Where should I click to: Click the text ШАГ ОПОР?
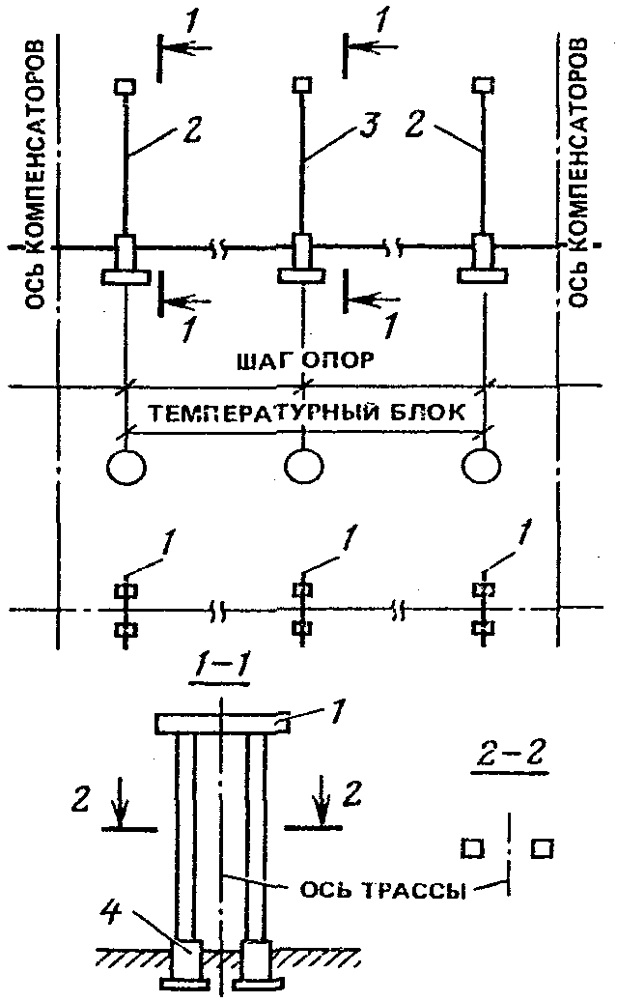pyautogui.click(x=305, y=360)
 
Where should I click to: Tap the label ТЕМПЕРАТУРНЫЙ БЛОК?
pyautogui.click(x=307, y=413)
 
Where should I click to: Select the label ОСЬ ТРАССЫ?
pyautogui.click(x=381, y=890)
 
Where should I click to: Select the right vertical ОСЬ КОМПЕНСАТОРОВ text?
pyautogui.click(x=578, y=173)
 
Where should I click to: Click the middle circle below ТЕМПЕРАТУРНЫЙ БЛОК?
pyautogui.click(x=303, y=467)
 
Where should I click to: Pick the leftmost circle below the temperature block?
pyautogui.click(x=126, y=467)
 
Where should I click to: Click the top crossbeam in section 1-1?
pyautogui.click(x=222, y=724)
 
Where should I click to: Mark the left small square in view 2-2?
pyautogui.click(x=472, y=848)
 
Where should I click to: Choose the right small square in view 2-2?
pyautogui.click(x=543, y=848)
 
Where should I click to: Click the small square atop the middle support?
pyautogui.click(x=302, y=84)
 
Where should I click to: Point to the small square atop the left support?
pyautogui.click(x=125, y=85)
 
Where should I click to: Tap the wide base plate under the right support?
pyautogui.click(x=484, y=276)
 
